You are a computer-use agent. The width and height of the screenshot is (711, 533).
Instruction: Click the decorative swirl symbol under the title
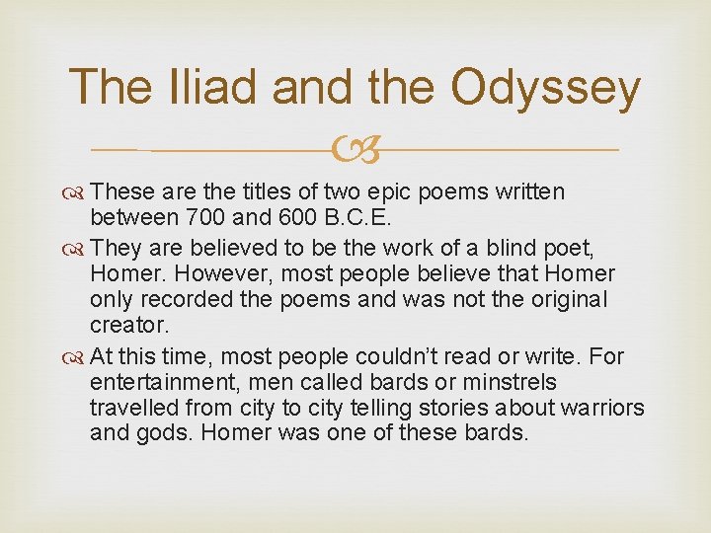point(355,150)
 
